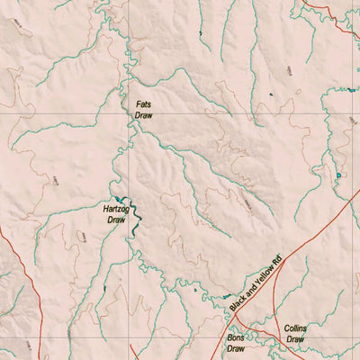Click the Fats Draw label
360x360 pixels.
click(x=144, y=110)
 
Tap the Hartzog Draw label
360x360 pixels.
click(x=115, y=213)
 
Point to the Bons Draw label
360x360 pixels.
click(x=236, y=341)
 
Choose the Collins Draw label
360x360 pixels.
click(x=294, y=334)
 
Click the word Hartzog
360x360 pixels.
click(x=115, y=208)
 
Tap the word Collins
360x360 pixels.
click(x=294, y=328)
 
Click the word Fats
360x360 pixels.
click(x=144, y=104)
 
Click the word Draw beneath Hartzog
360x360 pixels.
click(x=115, y=219)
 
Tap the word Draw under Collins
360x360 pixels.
click(x=294, y=339)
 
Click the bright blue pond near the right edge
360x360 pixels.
click(x=338, y=175)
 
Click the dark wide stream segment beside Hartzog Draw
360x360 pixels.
click(x=131, y=216)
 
